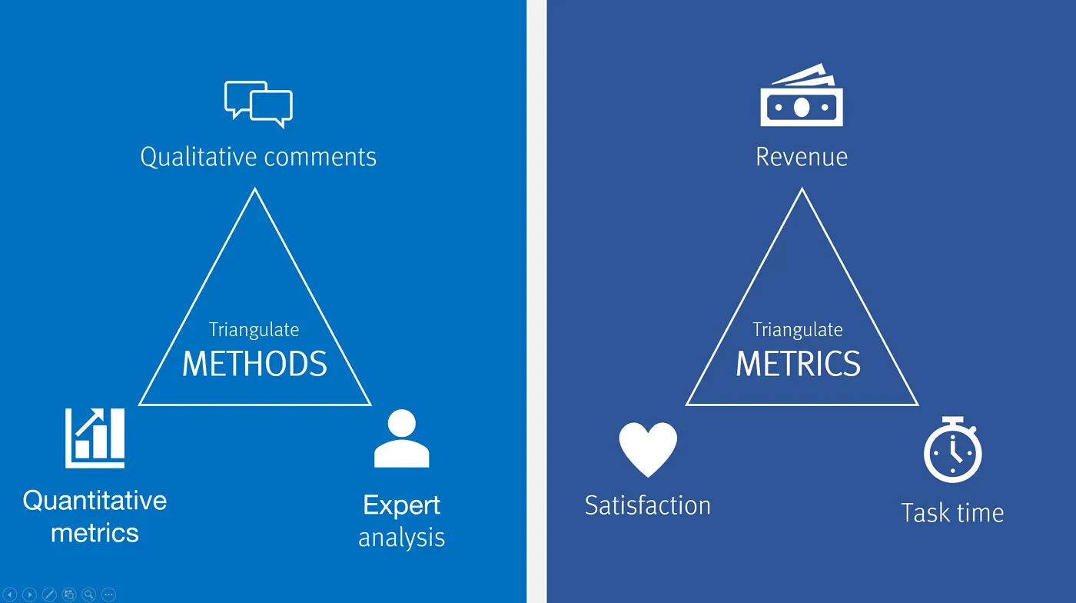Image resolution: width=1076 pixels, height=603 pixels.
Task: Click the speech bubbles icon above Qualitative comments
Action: (258, 103)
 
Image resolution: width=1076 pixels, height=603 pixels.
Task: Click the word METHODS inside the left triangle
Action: (254, 364)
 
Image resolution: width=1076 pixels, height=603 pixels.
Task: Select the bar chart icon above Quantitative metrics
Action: (95, 438)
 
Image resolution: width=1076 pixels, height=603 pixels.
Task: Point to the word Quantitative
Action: (95, 501)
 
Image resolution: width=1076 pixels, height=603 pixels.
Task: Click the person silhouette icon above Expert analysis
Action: (401, 438)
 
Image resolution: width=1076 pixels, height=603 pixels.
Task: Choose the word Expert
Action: (401, 505)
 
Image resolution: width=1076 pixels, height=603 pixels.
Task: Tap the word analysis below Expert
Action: (401, 537)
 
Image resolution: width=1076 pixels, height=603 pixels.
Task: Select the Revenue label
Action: (802, 157)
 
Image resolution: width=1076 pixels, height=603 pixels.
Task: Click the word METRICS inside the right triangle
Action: (798, 364)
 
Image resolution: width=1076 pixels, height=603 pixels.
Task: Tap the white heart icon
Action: (648, 449)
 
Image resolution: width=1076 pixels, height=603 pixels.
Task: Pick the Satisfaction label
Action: (647, 505)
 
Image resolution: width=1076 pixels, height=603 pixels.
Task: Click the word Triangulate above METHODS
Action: (254, 330)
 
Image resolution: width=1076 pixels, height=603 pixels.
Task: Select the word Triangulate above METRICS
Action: (798, 330)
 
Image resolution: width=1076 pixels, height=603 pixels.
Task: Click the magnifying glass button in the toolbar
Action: (88, 595)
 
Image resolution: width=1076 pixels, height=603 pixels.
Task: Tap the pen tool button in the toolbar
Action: (49, 595)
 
